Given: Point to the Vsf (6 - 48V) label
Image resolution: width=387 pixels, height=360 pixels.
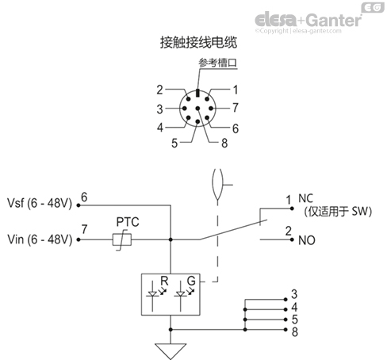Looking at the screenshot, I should pyautogui.click(x=39, y=204).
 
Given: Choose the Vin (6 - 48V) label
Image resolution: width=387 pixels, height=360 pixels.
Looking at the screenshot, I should pyautogui.click(x=39, y=238).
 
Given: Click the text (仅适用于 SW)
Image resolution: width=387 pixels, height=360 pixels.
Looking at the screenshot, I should pyautogui.click(x=331, y=212).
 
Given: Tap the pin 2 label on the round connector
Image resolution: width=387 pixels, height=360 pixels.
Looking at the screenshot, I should pyautogui.click(x=159, y=90).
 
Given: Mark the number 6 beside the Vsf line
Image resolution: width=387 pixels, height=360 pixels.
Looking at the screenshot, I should pyautogui.click(x=84, y=197).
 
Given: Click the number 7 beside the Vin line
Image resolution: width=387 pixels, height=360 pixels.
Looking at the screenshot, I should pyautogui.click(x=84, y=231).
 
